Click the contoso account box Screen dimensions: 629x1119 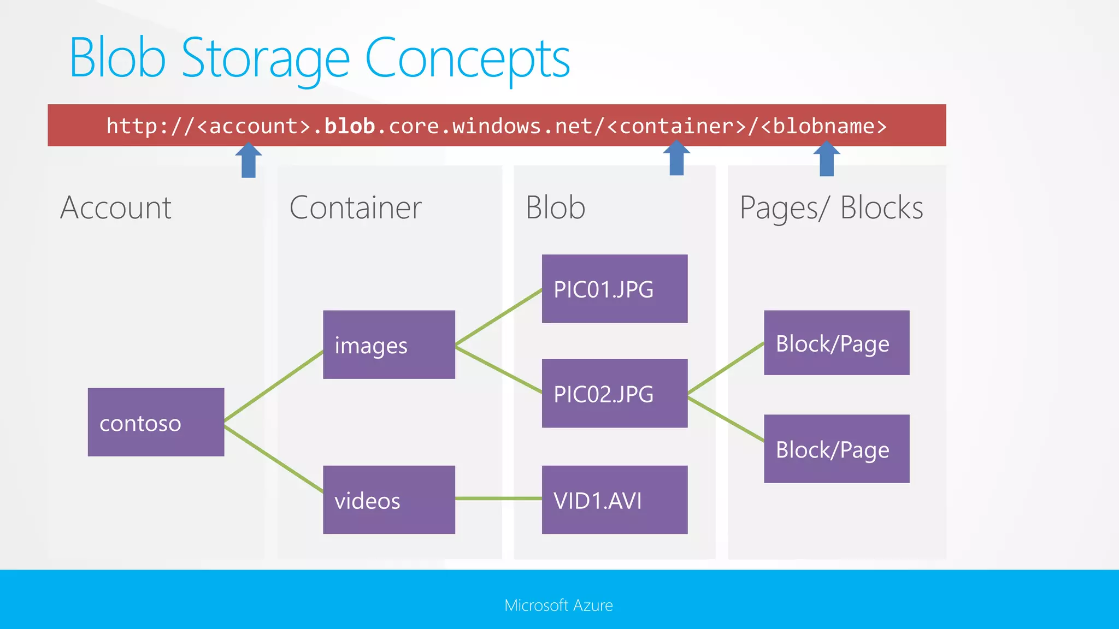point(156,422)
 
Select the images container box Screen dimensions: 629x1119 point(388,345)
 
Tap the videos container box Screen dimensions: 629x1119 point(388,500)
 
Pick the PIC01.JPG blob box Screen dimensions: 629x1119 point(614,289)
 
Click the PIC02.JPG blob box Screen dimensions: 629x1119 point(614,393)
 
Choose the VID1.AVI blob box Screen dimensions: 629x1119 point(614,500)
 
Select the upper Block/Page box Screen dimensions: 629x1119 point(836,343)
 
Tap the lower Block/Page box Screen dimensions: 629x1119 point(836,449)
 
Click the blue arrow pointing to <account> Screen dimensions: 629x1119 point(249,161)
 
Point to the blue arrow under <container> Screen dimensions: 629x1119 point(676,158)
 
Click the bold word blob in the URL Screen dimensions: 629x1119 point(350,126)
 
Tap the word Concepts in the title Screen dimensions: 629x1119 point(467,58)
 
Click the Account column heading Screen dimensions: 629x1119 point(116,207)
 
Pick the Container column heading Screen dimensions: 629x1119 point(355,207)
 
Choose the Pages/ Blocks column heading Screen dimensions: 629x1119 point(831,208)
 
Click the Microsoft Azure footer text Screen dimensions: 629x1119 point(558,605)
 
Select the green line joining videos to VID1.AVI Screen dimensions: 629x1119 point(498,499)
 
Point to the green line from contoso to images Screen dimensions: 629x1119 point(273,386)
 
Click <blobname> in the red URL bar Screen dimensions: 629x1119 point(823,126)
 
